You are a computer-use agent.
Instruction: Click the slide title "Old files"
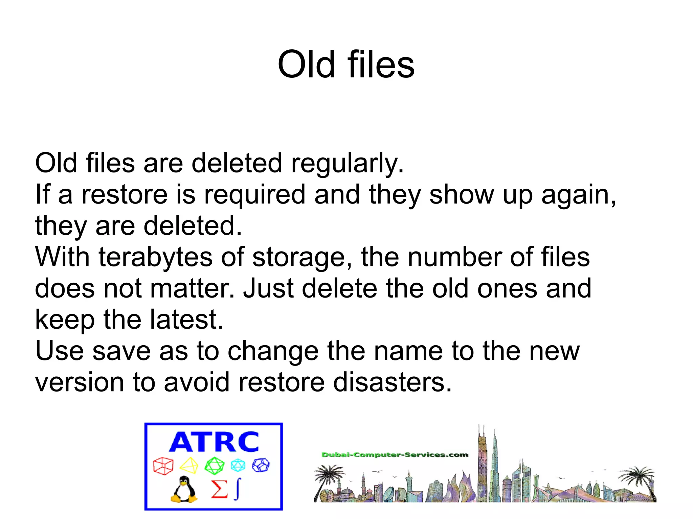pyautogui.click(x=346, y=64)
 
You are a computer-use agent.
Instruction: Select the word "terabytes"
pyautogui.click(x=155, y=257)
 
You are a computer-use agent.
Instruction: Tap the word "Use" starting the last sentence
pyautogui.click(x=59, y=351)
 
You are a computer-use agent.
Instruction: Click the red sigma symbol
pyautogui.click(x=219, y=489)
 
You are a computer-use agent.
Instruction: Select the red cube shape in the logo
pyautogui.click(x=163, y=466)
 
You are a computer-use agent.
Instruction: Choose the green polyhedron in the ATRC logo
pyautogui.click(x=214, y=466)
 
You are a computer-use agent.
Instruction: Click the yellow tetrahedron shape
pyautogui.click(x=189, y=466)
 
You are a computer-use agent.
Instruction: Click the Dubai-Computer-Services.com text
pyautogui.click(x=395, y=455)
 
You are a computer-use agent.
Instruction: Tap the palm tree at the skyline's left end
pyautogui.click(x=327, y=477)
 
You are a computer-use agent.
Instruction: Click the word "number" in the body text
pyautogui.click(x=454, y=257)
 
